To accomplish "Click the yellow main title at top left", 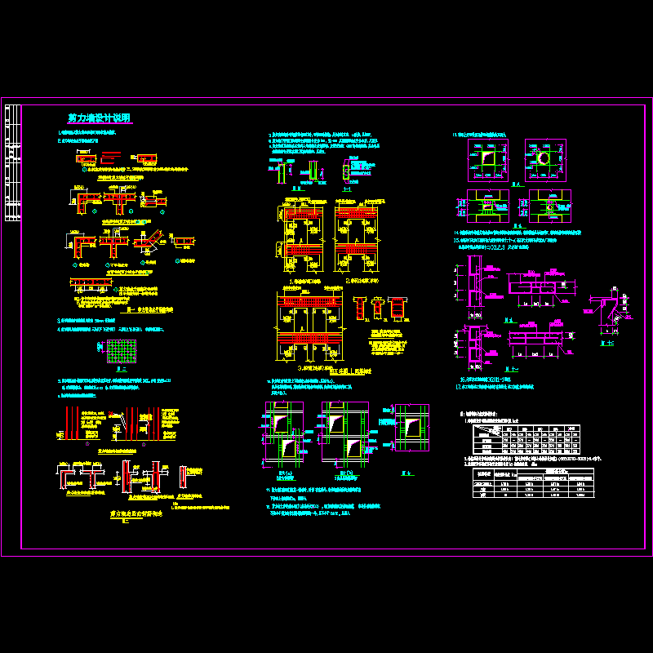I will pyautogui.click(x=99, y=118).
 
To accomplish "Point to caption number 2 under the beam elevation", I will pyautogui.click(x=360, y=281).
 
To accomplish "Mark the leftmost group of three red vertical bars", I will pyautogui.click(x=72, y=421).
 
